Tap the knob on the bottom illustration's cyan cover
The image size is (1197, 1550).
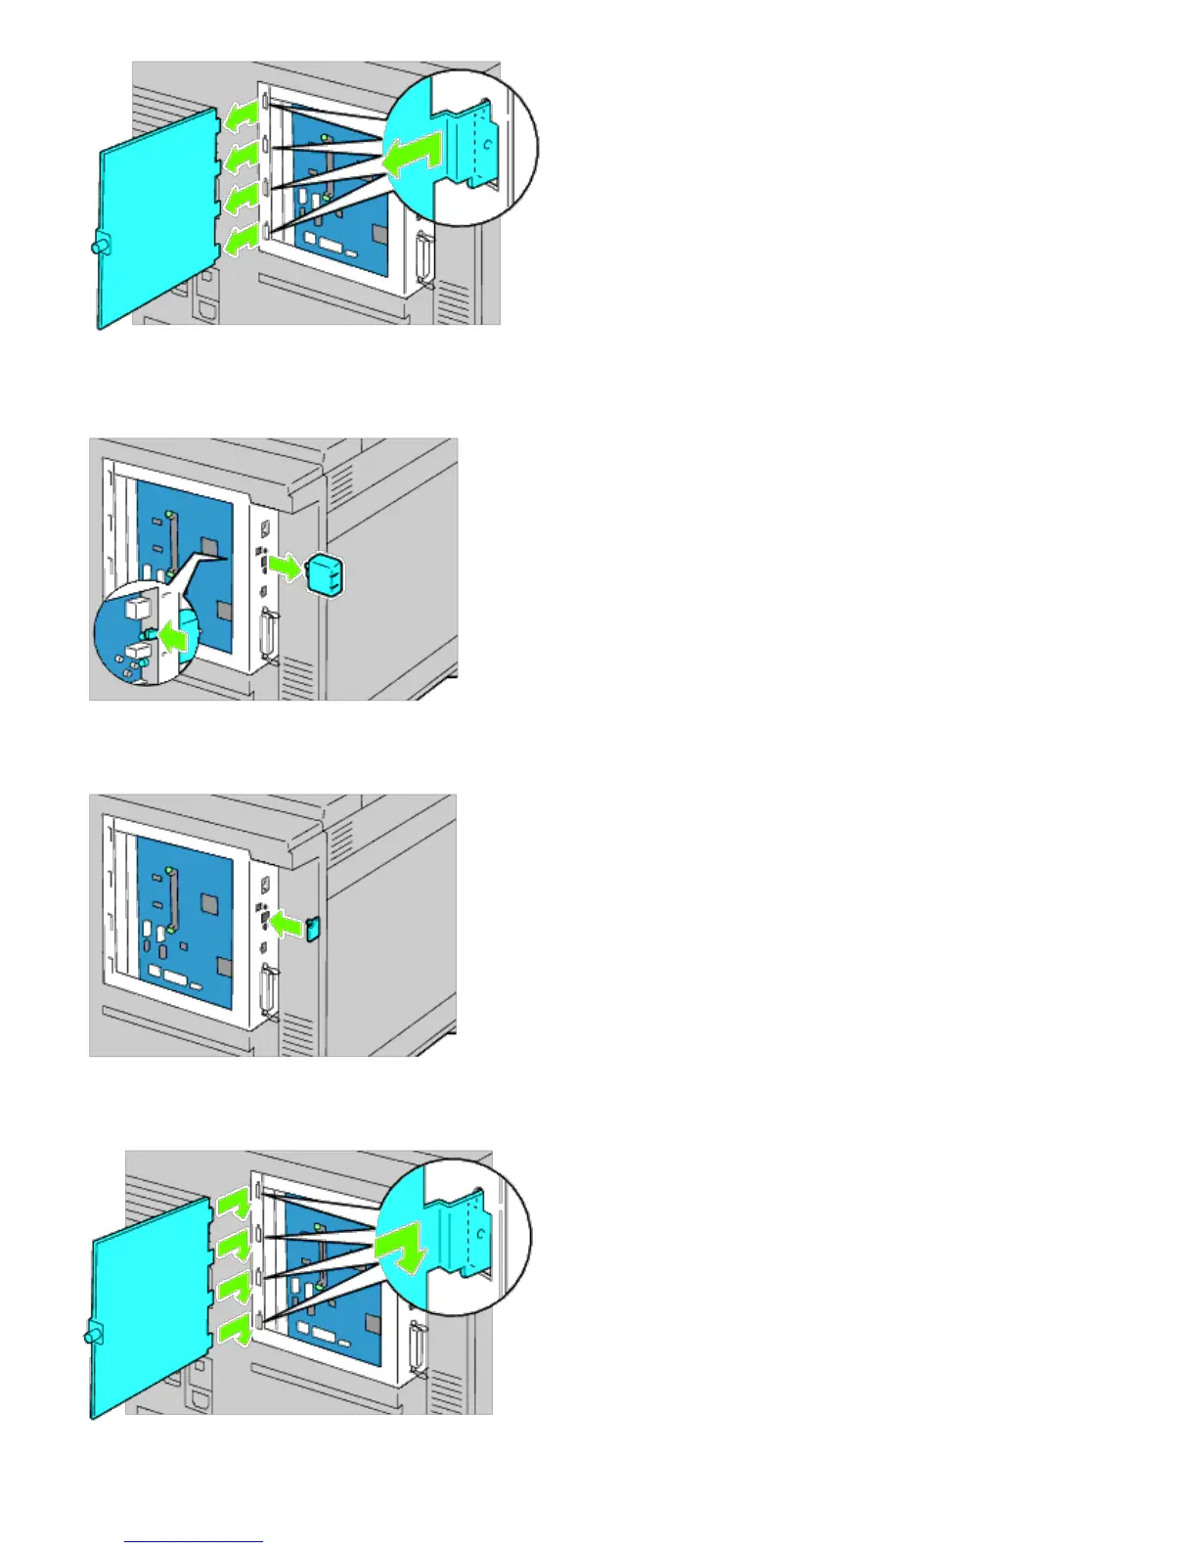pos(94,1333)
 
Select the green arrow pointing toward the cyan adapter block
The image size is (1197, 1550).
pos(287,567)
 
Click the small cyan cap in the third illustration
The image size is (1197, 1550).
pos(313,928)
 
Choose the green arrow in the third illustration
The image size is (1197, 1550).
pos(287,923)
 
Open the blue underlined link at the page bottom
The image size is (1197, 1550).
pos(194,1540)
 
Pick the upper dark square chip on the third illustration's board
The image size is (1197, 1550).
pos(209,901)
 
